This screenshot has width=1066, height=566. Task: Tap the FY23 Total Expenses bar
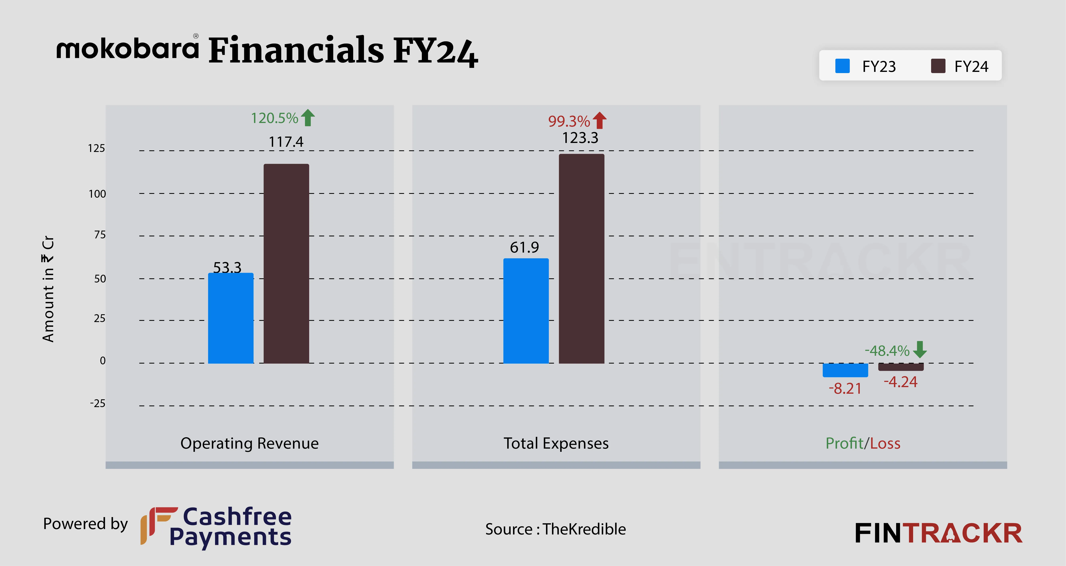tap(526, 311)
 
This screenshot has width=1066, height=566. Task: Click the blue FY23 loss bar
tap(845, 370)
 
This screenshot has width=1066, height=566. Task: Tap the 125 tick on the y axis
tap(96, 148)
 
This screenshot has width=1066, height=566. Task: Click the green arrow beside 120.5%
tap(307, 118)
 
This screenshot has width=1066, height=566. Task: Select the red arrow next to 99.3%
tap(599, 121)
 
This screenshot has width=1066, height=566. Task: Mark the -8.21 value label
tap(845, 389)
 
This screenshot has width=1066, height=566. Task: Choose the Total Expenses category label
tap(556, 443)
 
